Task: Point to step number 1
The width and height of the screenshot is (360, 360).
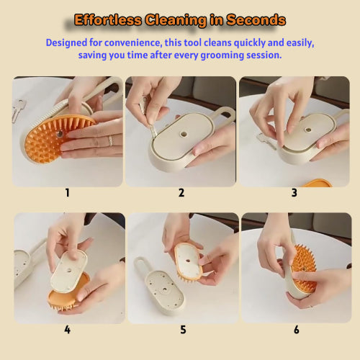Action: (67, 193)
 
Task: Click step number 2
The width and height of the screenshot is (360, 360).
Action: (181, 193)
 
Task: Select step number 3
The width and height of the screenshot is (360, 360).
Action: (294, 193)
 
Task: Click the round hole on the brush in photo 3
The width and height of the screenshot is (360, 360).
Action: (309, 131)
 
